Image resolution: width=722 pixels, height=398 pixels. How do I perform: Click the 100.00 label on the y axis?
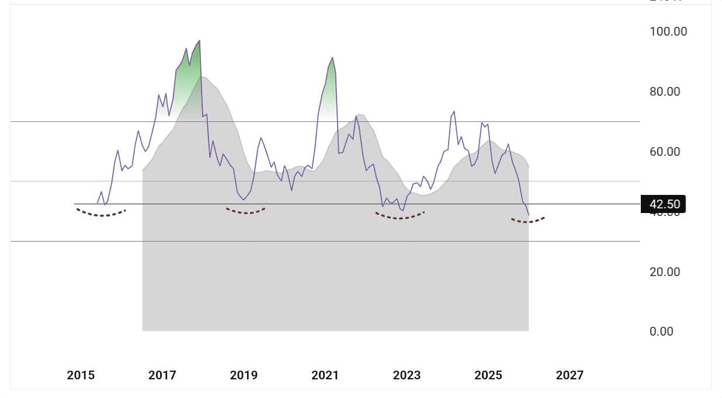pos(668,32)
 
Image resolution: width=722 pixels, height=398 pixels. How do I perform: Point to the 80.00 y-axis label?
pos(665,92)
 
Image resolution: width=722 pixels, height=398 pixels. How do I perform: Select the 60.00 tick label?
pos(665,152)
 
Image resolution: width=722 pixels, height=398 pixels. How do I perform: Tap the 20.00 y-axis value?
pos(665,272)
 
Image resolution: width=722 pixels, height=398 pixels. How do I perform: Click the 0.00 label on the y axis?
pos(661,331)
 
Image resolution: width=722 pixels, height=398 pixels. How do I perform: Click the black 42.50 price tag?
pos(664,204)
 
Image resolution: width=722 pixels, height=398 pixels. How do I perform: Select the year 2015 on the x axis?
pos(81,375)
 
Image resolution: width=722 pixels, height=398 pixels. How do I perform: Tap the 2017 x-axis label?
pos(162,375)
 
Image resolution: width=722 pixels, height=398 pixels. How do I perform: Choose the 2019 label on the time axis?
pos(244,375)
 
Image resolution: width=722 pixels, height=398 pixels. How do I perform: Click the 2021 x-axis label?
pos(325,375)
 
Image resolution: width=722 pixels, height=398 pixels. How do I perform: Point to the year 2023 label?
pos(407,375)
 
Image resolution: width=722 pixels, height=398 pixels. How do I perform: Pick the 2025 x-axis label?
pos(488,375)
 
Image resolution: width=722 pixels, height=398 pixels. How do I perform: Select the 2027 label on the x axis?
pos(570,375)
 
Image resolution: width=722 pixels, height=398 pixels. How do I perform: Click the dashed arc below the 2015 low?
pos(101,215)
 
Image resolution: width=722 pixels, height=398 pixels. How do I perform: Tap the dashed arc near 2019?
pos(245,212)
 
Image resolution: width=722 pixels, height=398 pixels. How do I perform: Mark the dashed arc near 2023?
pos(400,218)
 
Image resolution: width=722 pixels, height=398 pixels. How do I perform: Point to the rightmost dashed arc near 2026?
pos(528,221)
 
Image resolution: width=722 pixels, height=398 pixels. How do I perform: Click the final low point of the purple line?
pos(529,215)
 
